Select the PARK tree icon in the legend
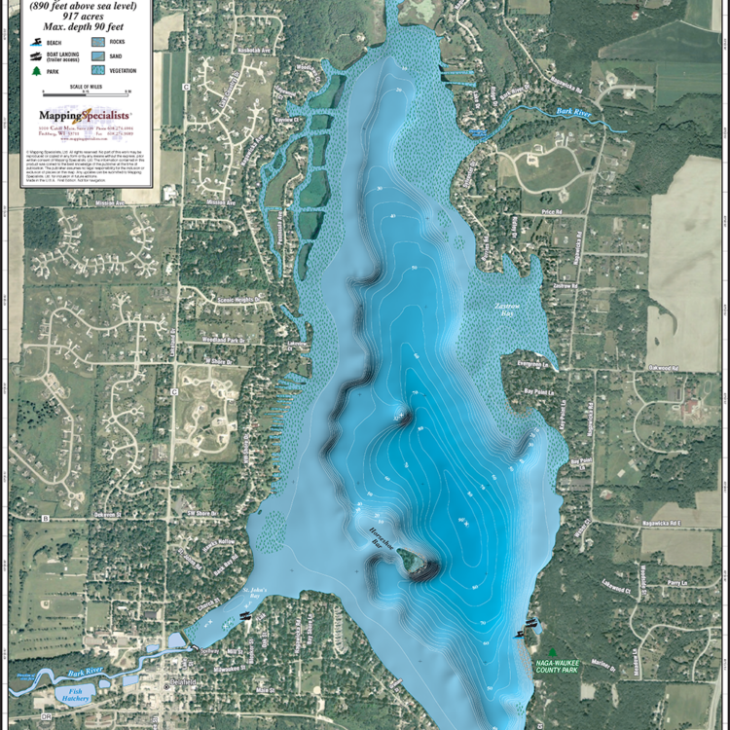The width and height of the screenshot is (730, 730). click(x=34, y=71)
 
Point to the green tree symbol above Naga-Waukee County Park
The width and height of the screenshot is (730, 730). click(x=552, y=652)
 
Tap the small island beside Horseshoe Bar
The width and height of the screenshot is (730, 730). click(x=410, y=561)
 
